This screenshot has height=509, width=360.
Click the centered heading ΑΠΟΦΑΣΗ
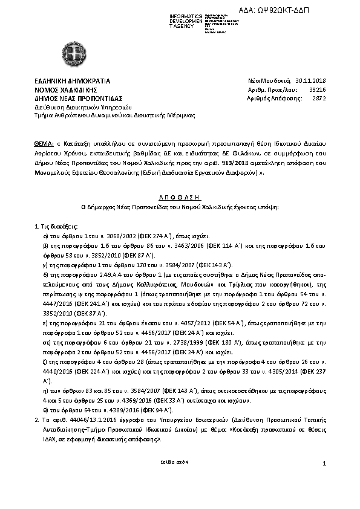pyautogui.click(x=180, y=196)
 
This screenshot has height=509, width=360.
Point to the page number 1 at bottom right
pyautogui.click(x=324, y=463)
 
